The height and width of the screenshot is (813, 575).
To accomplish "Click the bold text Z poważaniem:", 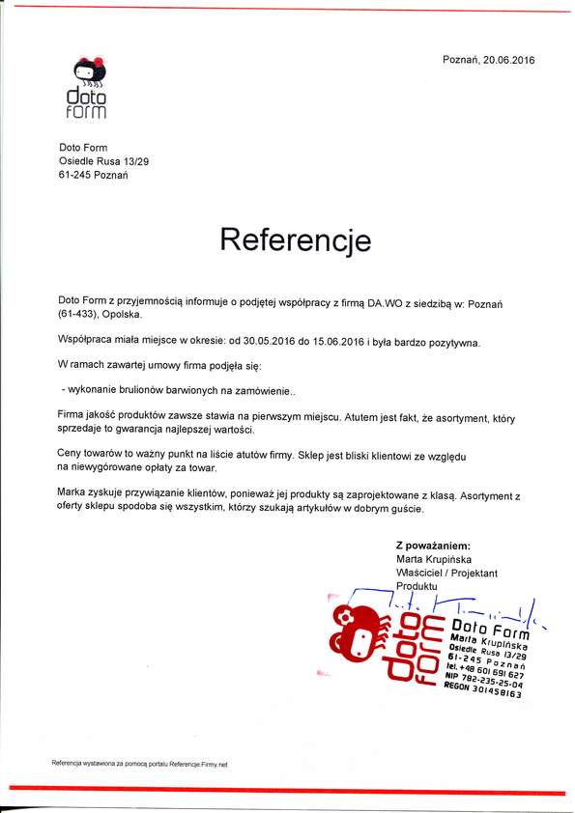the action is pyautogui.click(x=433, y=546).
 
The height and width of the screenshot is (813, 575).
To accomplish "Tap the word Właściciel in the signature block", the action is pyautogui.click(x=422, y=573).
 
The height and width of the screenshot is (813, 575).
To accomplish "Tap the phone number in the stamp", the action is pyautogui.click(x=493, y=667).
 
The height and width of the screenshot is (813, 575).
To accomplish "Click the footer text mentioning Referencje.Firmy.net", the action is pyautogui.click(x=139, y=764).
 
